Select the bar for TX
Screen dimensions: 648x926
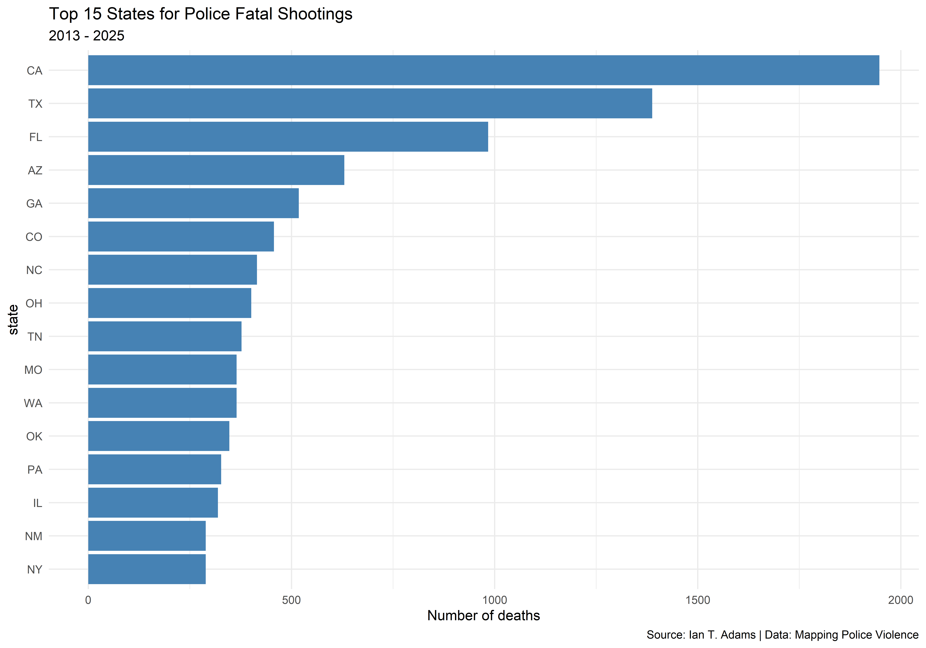(370, 104)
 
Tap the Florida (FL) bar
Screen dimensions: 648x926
(288, 137)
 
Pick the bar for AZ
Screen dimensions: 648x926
(216, 170)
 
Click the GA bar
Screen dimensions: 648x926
(193, 203)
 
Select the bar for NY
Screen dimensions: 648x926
(147, 569)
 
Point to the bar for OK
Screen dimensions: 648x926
(159, 436)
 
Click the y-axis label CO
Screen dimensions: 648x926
(34, 237)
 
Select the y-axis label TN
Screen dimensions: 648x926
(35, 336)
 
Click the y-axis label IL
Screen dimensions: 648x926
(38, 503)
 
